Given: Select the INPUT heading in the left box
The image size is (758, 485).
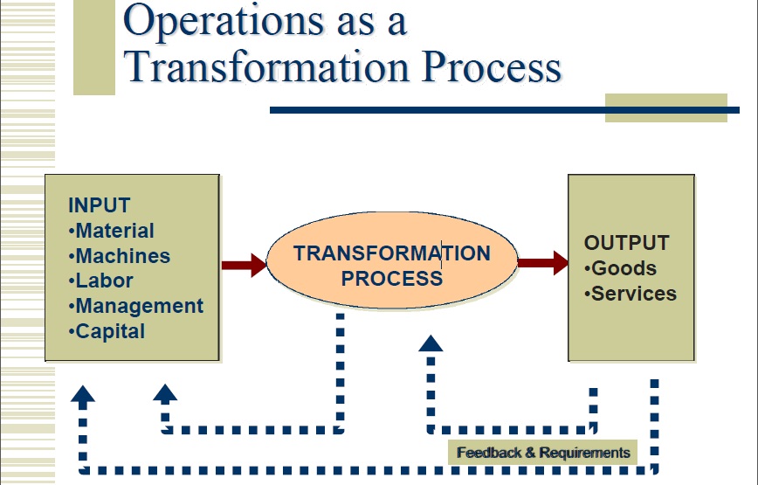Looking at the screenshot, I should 99,206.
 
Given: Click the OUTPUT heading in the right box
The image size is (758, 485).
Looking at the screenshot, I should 626,243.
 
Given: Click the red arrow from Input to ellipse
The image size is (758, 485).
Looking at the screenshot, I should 244,264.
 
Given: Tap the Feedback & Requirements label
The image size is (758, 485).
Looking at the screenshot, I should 542,453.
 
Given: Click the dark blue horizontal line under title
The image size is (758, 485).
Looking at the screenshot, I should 437,110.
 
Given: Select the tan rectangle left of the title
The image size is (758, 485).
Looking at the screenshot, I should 93,47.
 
